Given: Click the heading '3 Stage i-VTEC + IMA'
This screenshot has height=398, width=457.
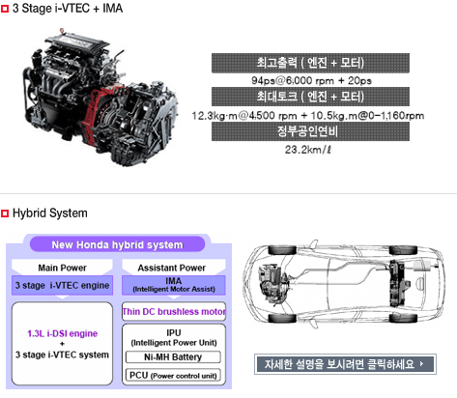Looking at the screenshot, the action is [x=68, y=9].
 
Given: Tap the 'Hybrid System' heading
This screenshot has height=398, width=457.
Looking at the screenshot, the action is [x=50, y=213].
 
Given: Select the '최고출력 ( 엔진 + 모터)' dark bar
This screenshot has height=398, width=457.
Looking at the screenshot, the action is [x=310, y=63].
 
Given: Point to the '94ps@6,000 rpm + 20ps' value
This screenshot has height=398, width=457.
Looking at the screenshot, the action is [x=311, y=80].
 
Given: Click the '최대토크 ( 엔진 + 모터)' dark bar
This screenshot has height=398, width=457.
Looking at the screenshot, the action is [x=310, y=97].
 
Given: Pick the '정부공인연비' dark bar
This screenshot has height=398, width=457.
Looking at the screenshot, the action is [x=310, y=131].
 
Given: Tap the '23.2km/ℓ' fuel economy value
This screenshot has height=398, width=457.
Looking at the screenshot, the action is [x=308, y=150].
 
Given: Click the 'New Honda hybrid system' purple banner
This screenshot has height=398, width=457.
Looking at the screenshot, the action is [x=117, y=244].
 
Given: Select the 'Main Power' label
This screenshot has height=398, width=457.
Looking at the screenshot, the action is [x=62, y=268].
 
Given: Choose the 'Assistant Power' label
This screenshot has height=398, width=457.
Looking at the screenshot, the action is [x=172, y=268].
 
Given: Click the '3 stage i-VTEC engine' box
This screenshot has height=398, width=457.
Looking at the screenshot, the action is [x=62, y=285].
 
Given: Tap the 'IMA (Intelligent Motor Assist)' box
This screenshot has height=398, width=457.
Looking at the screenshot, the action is [x=174, y=285].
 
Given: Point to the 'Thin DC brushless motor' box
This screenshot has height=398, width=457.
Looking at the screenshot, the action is [x=174, y=311].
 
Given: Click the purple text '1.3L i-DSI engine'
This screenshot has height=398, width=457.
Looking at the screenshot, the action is [x=62, y=333].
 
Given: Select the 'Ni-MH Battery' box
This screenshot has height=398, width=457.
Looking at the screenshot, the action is [x=173, y=357].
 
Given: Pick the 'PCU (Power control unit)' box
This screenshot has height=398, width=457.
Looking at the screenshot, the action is [x=173, y=376].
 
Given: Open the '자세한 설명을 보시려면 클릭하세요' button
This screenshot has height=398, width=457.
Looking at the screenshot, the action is [x=345, y=364].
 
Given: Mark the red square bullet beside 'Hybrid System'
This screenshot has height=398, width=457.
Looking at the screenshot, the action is [x=5, y=213].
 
